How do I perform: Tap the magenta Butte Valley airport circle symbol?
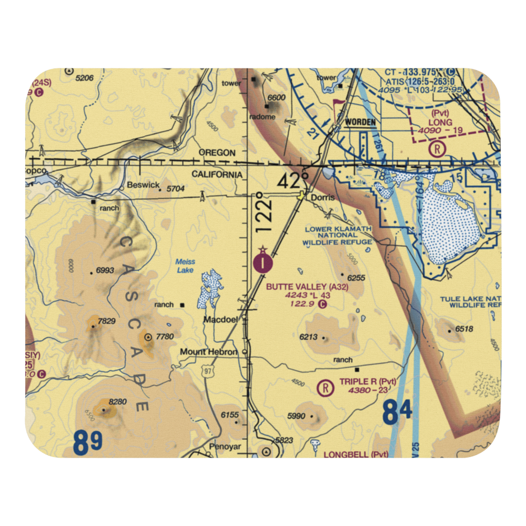click(x=263, y=261)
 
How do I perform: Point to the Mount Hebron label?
click(x=209, y=352)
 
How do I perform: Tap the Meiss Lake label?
click(x=185, y=266)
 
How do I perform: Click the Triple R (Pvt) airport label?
click(x=368, y=381)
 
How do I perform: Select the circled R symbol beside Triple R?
click(x=326, y=388)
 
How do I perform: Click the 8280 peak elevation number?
click(x=118, y=402)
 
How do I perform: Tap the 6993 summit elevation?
click(x=105, y=271)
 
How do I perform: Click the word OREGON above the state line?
click(x=217, y=153)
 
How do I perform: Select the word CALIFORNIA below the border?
click(x=217, y=174)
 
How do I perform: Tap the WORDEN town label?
click(x=360, y=122)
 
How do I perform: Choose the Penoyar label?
click(x=225, y=447)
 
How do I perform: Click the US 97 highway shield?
click(x=210, y=372)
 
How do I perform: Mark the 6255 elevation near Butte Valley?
click(x=356, y=277)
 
